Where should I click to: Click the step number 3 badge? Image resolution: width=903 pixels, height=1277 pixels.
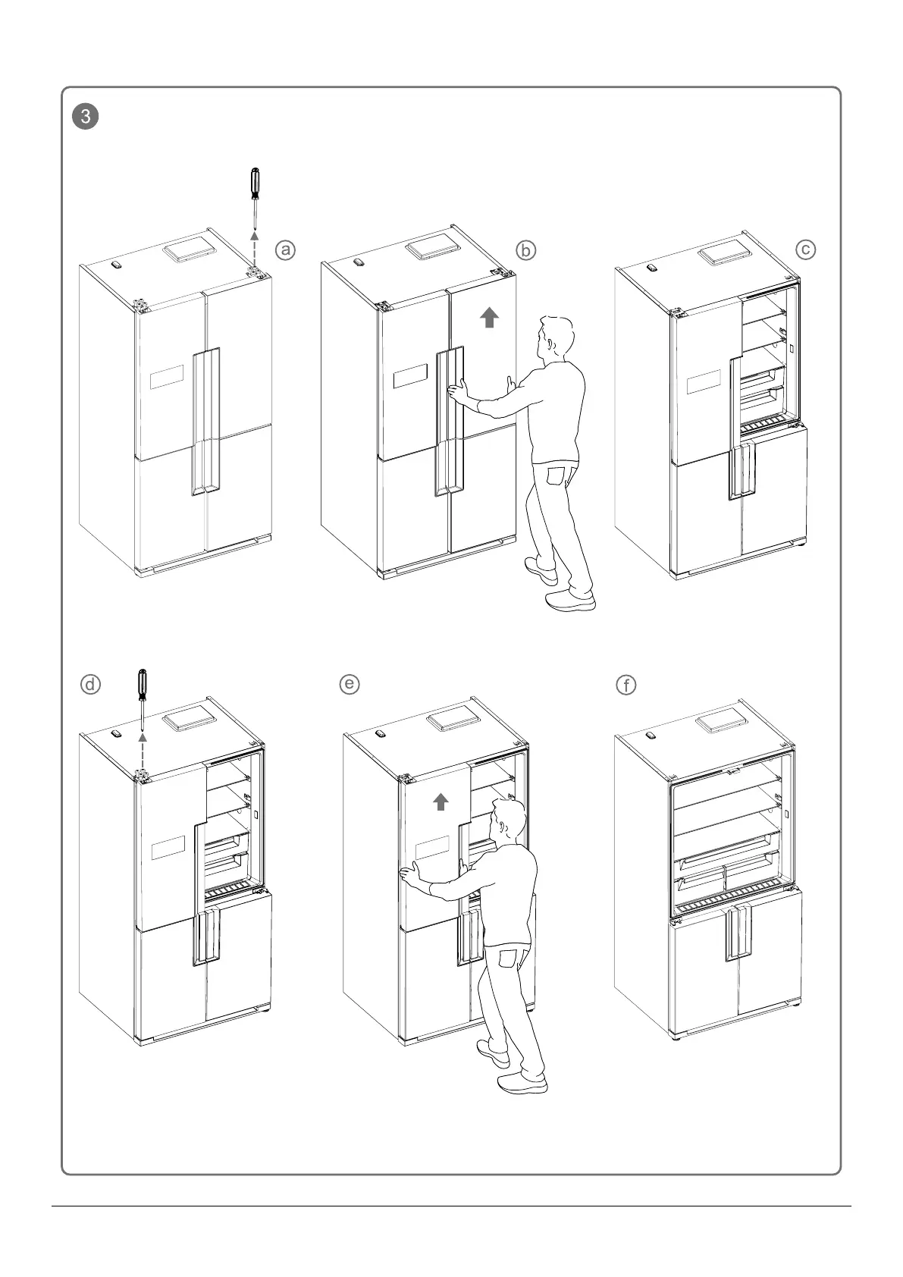[x=87, y=117]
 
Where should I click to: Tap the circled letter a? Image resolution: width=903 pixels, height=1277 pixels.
[x=285, y=249]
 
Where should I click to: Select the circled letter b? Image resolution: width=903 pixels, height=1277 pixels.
[x=525, y=249]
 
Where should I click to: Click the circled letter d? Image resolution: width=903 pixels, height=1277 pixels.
[x=90, y=685]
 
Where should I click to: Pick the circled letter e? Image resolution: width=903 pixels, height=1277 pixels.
[x=349, y=684]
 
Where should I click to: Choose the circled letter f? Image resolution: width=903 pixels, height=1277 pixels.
[x=626, y=686]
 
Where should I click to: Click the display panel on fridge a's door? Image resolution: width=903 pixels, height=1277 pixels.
[x=167, y=376]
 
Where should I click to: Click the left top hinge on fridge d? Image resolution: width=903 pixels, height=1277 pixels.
[x=142, y=775]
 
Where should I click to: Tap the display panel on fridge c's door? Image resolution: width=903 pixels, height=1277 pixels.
[x=703, y=383]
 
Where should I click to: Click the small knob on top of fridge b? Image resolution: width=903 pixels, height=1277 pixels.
[x=358, y=262]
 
